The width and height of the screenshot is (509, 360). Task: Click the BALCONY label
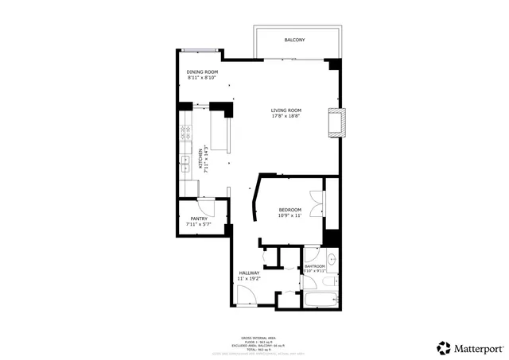(x=294, y=40)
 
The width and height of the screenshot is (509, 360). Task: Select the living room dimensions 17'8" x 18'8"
(x=286, y=116)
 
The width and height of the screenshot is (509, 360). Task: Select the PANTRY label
(x=199, y=219)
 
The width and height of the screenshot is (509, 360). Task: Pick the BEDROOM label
(x=289, y=210)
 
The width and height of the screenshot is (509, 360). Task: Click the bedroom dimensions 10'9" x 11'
(x=289, y=215)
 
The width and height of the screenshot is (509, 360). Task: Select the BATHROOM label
(x=314, y=266)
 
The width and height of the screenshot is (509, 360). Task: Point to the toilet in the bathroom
(x=331, y=280)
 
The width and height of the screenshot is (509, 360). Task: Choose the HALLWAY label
(x=249, y=273)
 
